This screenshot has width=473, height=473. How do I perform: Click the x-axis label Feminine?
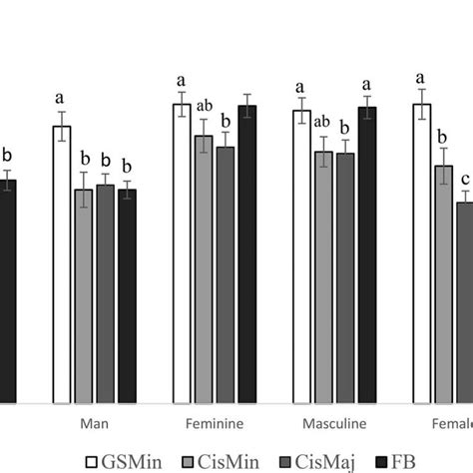click(214, 422)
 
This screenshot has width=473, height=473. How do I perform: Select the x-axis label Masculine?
click(333, 422)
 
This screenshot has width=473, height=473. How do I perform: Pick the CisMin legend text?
click(226, 460)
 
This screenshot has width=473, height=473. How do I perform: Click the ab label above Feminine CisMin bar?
click(204, 105)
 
